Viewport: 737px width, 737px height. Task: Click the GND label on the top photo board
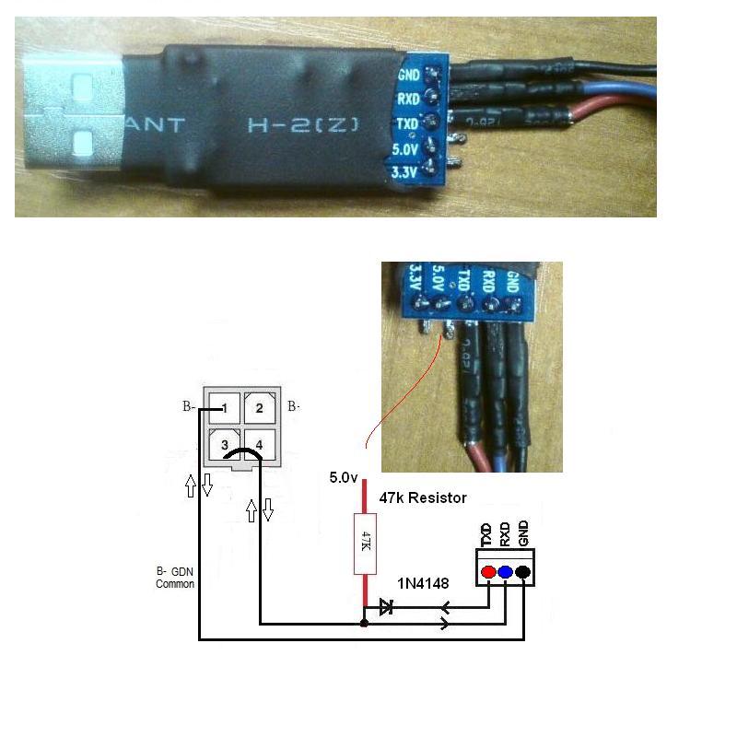point(409,76)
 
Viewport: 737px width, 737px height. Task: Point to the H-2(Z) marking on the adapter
point(301,123)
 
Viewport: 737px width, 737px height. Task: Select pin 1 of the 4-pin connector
point(225,407)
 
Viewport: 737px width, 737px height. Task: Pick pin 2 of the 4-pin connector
point(260,407)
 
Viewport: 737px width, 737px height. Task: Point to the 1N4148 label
point(423,583)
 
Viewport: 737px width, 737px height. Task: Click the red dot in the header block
point(487,573)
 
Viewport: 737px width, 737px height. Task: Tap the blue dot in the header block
point(505,573)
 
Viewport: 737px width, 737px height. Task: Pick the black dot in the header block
point(523,573)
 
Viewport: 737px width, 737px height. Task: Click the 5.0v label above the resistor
point(343,478)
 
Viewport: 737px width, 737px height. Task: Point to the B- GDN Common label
point(174,577)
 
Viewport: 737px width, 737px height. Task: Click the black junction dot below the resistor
point(365,624)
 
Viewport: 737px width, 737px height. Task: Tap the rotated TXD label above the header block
point(486,533)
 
